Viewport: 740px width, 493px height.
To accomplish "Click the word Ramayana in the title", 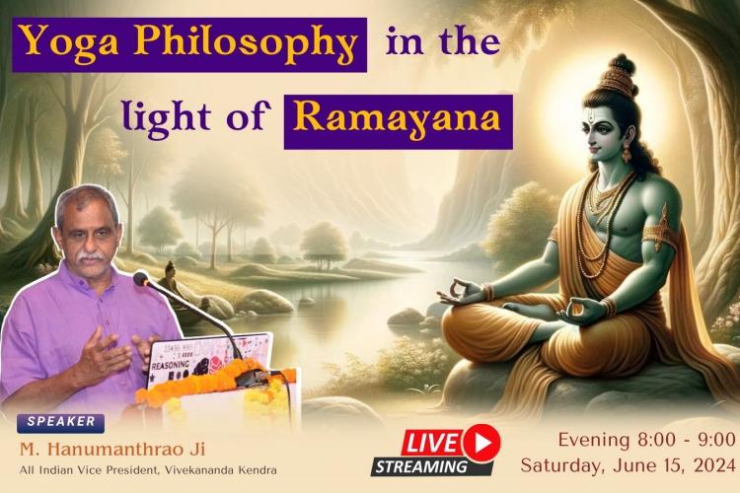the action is pos(399,118).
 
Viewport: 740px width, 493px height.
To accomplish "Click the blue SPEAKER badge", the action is pos(61,422).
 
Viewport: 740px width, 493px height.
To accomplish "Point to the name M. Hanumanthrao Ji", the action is pos(112,450).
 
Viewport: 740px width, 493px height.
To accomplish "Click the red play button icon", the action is pos(481,443).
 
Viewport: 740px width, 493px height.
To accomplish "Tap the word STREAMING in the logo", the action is pos(421,466).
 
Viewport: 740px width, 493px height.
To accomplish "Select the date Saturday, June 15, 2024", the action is pos(628,465).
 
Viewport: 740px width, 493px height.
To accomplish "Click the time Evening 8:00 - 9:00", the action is pos(646,440).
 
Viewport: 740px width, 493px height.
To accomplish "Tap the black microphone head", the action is pos(141,279).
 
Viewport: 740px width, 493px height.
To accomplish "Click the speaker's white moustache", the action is pos(91,256).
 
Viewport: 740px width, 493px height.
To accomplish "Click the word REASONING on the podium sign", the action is pos(170,365).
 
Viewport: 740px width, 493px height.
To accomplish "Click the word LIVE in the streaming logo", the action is pos(431,443).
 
